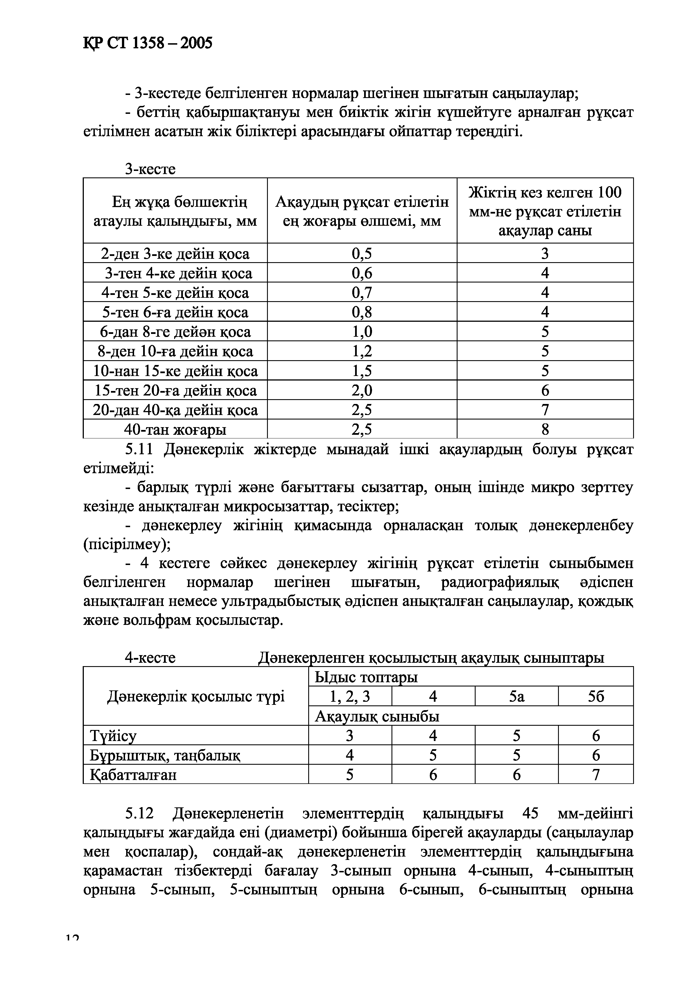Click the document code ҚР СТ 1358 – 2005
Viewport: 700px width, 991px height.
click(x=148, y=43)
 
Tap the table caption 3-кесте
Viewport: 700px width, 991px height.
click(x=150, y=169)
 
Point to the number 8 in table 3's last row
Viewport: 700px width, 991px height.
click(x=545, y=429)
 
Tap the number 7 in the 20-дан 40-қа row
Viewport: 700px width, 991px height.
click(x=545, y=410)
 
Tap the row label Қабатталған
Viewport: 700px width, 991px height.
click(x=133, y=775)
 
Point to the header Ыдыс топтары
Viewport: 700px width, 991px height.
click(x=366, y=677)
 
